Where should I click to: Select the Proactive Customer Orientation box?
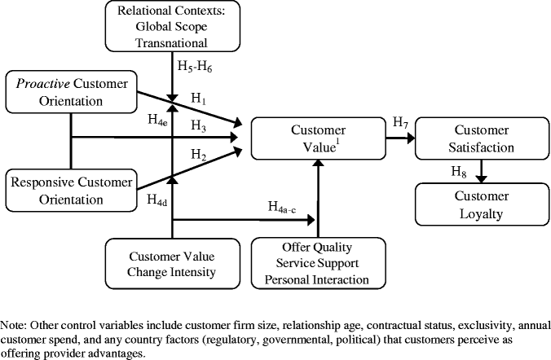pyautogui.click(x=70, y=91)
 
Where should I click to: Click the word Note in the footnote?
pyautogui.click(x=16, y=323)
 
